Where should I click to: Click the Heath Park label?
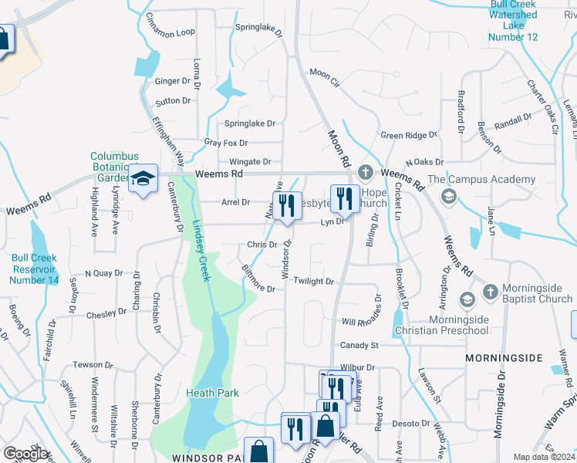click(x=212, y=393)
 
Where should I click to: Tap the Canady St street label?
click(x=359, y=345)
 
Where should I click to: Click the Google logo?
click(x=26, y=454)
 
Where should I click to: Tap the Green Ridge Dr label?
click(x=409, y=136)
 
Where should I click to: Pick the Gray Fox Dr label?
click(x=225, y=143)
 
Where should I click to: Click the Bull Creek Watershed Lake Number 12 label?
click(x=514, y=20)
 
